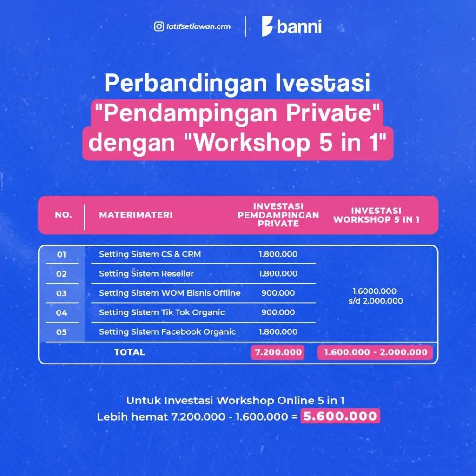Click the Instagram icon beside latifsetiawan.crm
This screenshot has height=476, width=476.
[x=159, y=26]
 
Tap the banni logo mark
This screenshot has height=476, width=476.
[x=267, y=26]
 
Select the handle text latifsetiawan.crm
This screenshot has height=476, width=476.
[x=198, y=26]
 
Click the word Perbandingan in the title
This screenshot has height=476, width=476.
[x=186, y=83]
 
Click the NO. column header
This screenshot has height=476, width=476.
[x=63, y=215]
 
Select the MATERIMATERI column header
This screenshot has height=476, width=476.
[x=136, y=215]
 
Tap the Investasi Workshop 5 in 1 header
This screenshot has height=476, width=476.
[x=377, y=215]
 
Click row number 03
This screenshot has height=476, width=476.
[x=61, y=294]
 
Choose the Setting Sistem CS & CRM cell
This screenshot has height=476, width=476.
[x=150, y=254]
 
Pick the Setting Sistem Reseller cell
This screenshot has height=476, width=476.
[x=146, y=274]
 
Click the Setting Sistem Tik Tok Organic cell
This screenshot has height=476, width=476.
[x=162, y=313]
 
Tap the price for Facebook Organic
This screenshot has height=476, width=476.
[x=278, y=332]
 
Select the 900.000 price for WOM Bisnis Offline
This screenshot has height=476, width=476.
[x=278, y=293]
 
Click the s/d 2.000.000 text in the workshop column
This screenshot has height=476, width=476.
[x=376, y=301]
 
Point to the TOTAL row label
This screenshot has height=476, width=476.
[x=130, y=352]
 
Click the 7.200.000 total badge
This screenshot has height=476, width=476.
[x=278, y=352]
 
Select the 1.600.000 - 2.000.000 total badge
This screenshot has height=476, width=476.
[x=375, y=352]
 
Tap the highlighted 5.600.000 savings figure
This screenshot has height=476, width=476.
[x=340, y=416]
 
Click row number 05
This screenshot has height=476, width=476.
[x=61, y=332]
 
